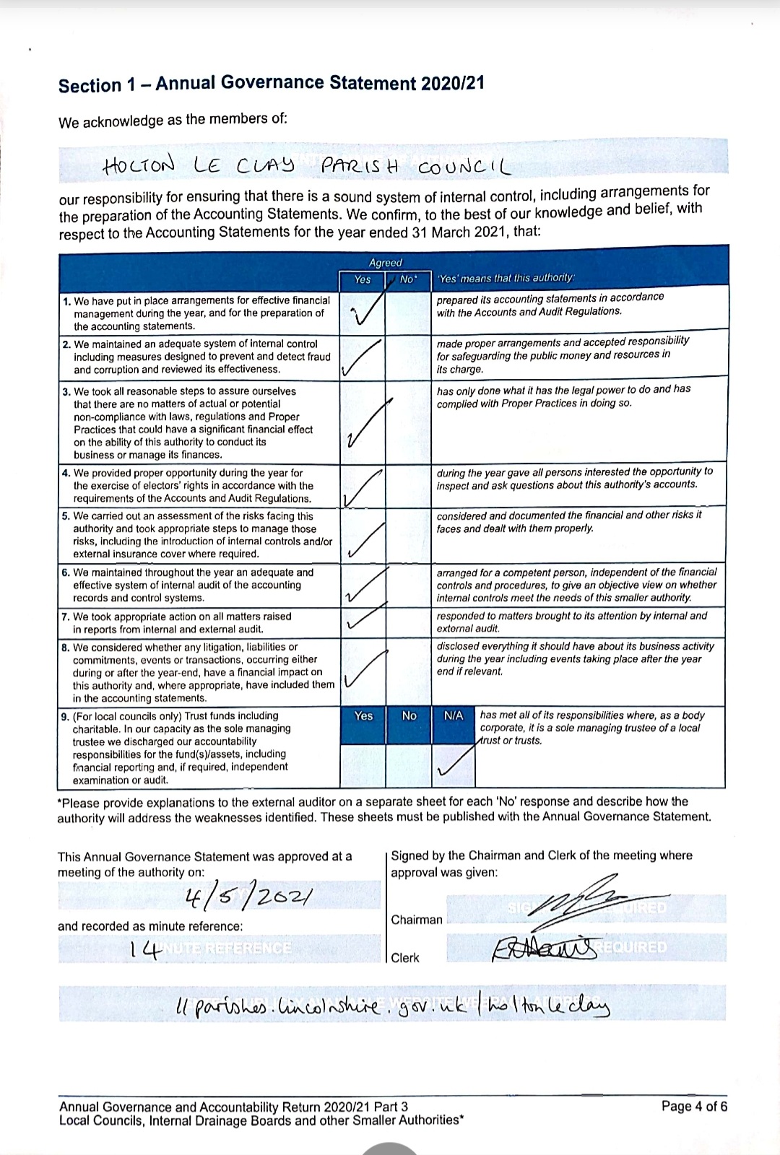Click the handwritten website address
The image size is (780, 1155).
[394, 1005]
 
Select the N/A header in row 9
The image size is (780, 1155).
[454, 715]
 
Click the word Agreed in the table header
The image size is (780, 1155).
[386, 263]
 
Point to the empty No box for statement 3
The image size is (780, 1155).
[408, 422]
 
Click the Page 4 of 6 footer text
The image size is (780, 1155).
[694, 1106]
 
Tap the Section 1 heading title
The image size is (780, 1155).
[271, 84]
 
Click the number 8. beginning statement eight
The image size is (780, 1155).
[66, 648]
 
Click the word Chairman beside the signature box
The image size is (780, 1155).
[416, 920]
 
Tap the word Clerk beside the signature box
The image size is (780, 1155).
[404, 958]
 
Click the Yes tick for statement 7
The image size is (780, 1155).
[363, 620]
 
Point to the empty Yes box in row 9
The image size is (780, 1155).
[363, 765]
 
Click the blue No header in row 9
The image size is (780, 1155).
[409, 715]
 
